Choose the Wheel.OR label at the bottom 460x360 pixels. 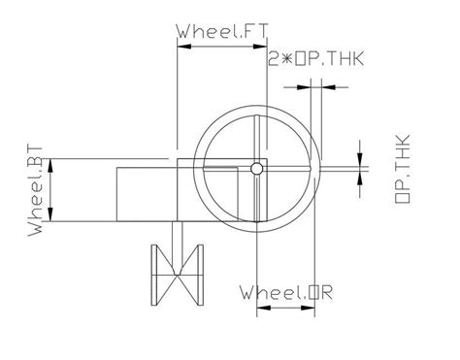286,291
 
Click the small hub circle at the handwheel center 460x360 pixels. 256,170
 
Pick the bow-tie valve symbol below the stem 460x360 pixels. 179,273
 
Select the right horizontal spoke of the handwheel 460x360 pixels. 291,170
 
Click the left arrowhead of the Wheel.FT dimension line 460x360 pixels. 181,45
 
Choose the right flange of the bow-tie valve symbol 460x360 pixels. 203,273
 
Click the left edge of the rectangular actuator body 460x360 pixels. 116,194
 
